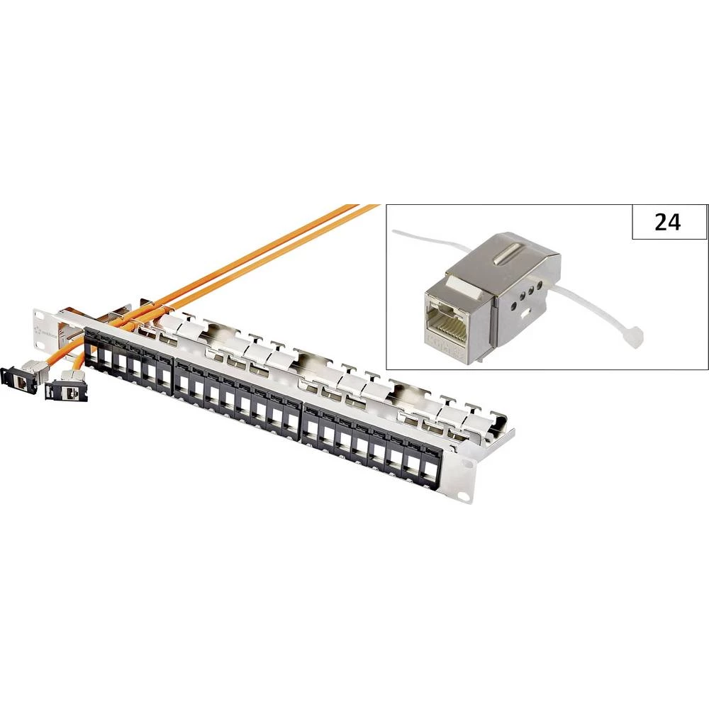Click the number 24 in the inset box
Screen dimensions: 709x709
coord(668,222)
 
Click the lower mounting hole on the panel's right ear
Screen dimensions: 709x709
coord(465,497)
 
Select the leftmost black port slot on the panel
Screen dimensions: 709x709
coord(91,349)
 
